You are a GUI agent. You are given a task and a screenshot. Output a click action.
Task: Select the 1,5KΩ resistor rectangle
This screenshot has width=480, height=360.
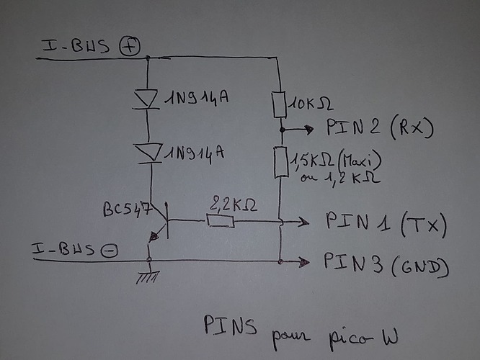(281, 163)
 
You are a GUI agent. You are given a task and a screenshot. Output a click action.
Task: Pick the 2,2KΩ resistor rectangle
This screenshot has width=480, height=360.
(220, 220)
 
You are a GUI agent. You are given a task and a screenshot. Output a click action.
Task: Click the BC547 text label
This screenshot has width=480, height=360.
(127, 208)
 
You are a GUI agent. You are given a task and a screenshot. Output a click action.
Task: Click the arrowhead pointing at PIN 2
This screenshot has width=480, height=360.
(310, 130)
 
